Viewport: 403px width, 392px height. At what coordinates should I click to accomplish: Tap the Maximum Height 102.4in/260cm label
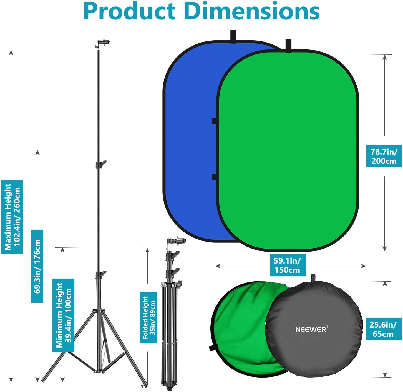pyautogui.click(x=12, y=217)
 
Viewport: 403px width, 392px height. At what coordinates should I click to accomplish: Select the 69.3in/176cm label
pyautogui.click(x=37, y=266)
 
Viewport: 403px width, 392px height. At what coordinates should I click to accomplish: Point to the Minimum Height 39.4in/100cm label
pyautogui.click(x=63, y=315)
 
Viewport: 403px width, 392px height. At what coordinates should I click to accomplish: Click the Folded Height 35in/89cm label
pyautogui.click(x=148, y=317)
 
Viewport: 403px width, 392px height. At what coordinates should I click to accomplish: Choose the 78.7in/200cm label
pyautogui.click(x=384, y=156)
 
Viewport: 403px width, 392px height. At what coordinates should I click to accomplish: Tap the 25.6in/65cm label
pyautogui.click(x=383, y=329)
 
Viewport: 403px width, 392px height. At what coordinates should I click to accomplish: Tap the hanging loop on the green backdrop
pyautogui.click(x=288, y=46)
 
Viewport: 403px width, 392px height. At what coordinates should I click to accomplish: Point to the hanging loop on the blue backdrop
pyautogui.click(x=233, y=36)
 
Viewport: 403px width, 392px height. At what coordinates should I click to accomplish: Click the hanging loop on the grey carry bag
pyautogui.click(x=313, y=277)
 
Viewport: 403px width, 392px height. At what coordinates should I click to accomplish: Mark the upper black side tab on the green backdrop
pyautogui.click(x=214, y=121)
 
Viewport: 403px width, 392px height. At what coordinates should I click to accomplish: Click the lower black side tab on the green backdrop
pyautogui.click(x=214, y=177)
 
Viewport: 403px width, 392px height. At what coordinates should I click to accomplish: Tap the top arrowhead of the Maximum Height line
pyautogui.click(x=11, y=53)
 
